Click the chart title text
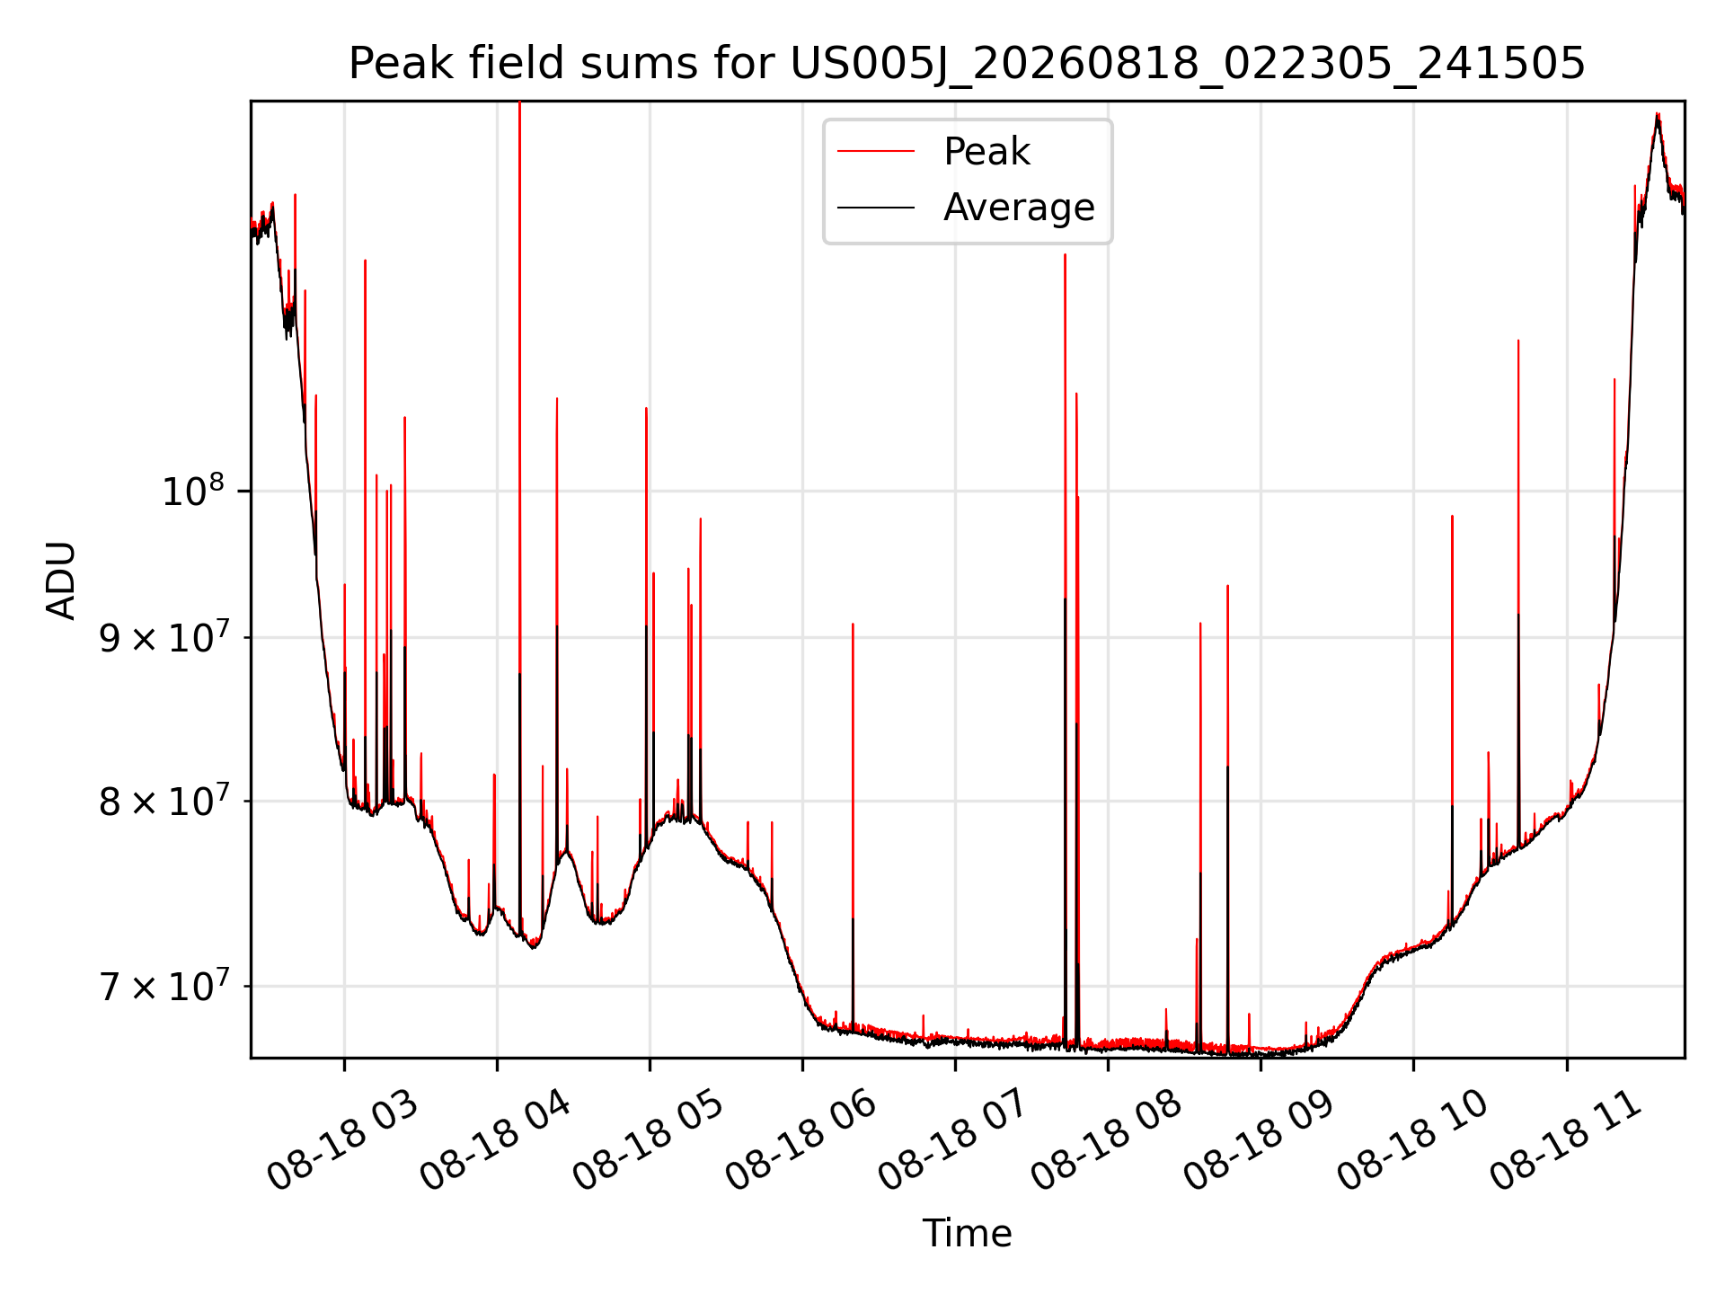pyautogui.click(x=967, y=64)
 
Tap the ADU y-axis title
pyautogui.click(x=61, y=580)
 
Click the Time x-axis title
pyautogui.click(x=967, y=1233)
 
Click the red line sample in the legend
pyautogui.click(x=876, y=152)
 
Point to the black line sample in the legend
pyautogui.click(x=876, y=208)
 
